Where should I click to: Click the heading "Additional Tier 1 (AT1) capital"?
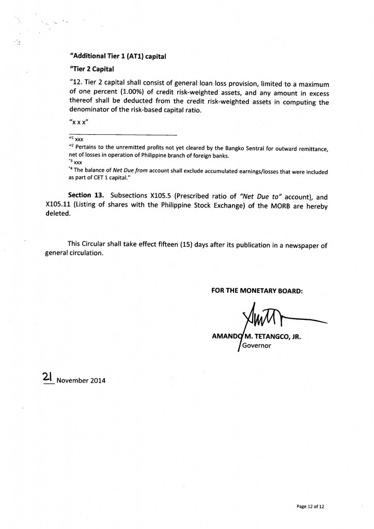tap(117, 57)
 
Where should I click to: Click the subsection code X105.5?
tap(173, 197)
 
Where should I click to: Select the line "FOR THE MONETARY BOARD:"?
tap(257, 291)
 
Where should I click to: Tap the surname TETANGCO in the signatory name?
tap(274, 336)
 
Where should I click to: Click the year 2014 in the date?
tap(96, 381)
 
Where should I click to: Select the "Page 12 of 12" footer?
tap(310, 507)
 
